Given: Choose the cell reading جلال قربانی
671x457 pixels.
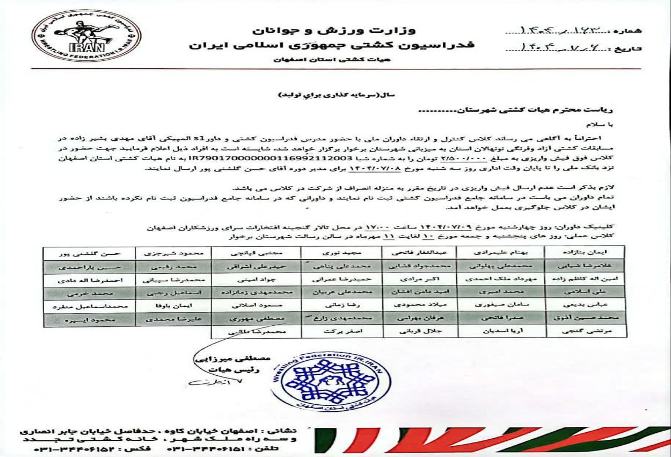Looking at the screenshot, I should pyautogui.click(x=421, y=332).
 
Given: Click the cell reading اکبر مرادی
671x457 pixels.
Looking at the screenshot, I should pyautogui.click(x=421, y=279).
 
